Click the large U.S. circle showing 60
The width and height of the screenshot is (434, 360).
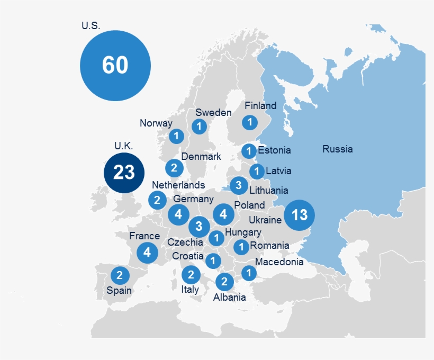coord(115,65)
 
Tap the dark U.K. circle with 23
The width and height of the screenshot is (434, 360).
coord(124,173)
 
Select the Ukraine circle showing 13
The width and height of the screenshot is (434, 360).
coord(299,215)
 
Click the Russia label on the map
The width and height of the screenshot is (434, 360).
coord(337,149)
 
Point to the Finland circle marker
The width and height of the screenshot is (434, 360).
coord(249,122)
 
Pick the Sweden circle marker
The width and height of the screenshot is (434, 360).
coord(199,127)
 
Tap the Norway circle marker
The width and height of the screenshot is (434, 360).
coord(176,136)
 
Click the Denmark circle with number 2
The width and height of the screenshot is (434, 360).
coord(174,168)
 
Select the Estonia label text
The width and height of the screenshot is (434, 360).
coord(274,150)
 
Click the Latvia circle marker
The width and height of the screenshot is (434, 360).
coord(257,171)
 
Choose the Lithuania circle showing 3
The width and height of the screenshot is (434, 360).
coord(239,185)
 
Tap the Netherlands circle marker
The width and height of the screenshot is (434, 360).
coord(157,200)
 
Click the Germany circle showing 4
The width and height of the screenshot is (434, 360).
coord(179,214)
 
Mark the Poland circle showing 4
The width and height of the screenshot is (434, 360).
coord(223,214)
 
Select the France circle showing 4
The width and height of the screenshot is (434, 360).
coord(147,253)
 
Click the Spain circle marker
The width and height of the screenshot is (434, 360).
coord(120,275)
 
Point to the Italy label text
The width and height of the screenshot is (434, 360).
coord(190,289)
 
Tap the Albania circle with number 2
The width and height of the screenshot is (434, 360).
coord(224,281)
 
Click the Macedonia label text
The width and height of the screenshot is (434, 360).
coord(279,262)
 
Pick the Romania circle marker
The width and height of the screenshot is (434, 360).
coord(241,246)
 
